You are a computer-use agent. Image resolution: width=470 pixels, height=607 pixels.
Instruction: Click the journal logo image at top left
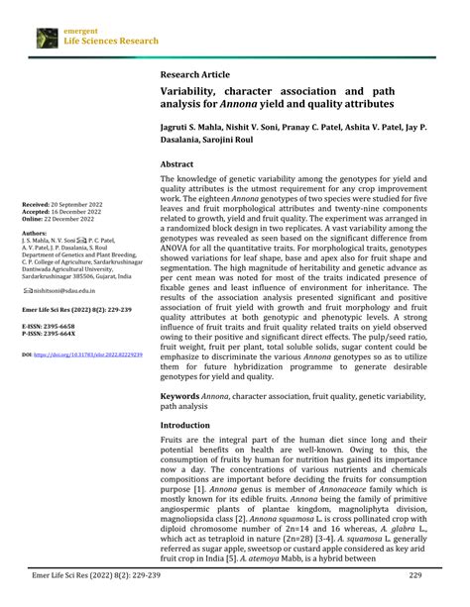coord(47,38)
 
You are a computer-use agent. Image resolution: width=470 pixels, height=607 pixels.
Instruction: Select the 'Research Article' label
coord(194,74)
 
